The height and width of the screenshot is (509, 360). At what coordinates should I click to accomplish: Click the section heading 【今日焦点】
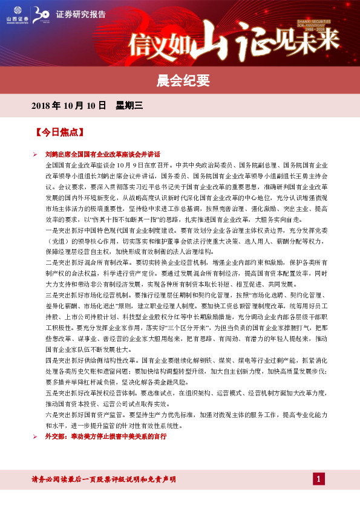(59, 131)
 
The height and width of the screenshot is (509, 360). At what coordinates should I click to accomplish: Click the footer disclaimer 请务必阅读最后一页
(103, 479)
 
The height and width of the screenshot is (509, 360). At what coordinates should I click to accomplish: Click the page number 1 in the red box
(319, 479)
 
